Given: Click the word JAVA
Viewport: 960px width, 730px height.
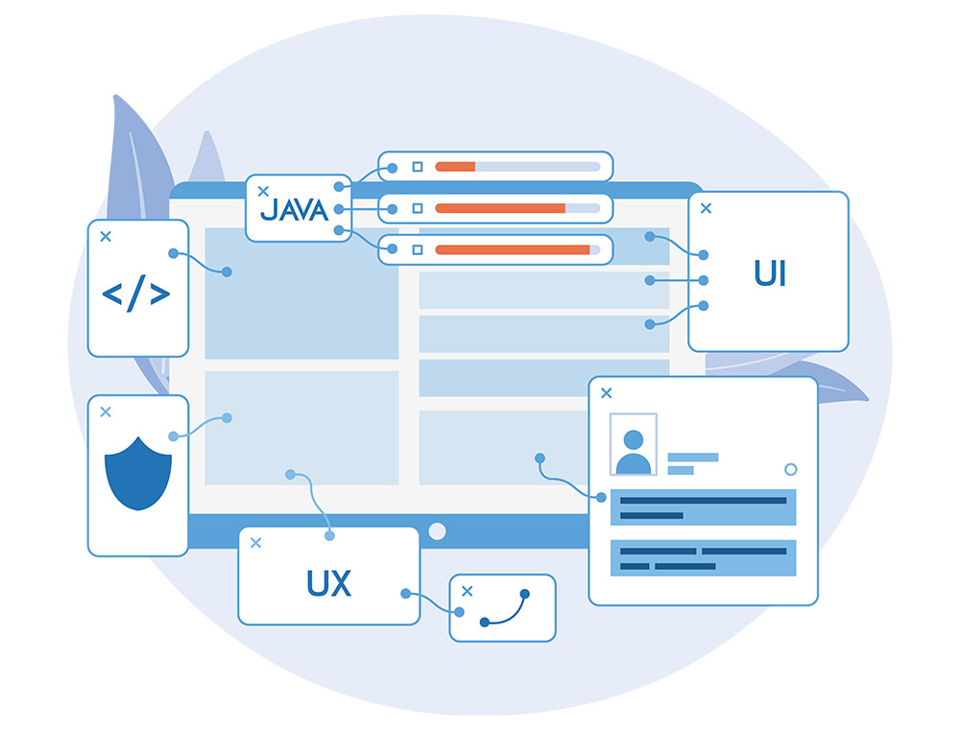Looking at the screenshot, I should tap(295, 209).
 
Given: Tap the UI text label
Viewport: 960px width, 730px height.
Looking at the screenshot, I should tap(770, 273).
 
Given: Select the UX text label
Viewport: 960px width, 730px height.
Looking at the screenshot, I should tap(328, 583).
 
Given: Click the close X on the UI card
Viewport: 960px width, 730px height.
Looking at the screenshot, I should tap(706, 208).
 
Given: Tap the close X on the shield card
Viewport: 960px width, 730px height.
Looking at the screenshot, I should tap(106, 412).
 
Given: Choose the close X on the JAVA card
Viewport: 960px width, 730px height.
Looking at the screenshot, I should tap(263, 192).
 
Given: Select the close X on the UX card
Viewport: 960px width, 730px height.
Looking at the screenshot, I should tap(255, 543).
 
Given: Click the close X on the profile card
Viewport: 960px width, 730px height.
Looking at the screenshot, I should tap(606, 393).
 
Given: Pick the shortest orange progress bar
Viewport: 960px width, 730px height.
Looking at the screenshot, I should tap(455, 167).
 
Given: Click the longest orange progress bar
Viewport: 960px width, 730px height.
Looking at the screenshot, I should tap(513, 249).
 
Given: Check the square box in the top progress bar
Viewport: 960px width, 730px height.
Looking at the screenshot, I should tap(417, 167).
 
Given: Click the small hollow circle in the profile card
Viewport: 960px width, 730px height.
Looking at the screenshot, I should tap(790, 469).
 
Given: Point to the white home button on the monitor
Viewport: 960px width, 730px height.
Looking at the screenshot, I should tap(437, 531).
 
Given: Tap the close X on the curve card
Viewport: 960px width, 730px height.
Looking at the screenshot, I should tap(468, 591).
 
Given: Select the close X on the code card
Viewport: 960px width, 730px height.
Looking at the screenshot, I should tap(106, 236).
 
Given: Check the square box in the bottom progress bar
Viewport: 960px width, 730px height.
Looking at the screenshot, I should tap(417, 249).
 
